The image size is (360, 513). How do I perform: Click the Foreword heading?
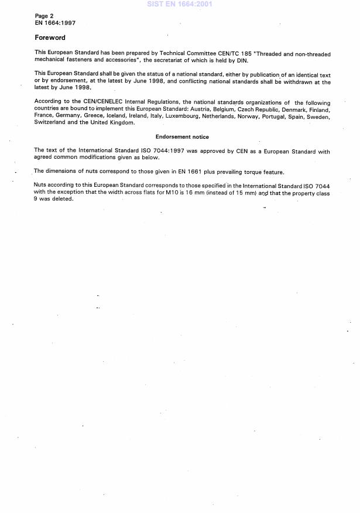50,37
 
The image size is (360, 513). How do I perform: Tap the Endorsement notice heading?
182,136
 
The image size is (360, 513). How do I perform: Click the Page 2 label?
46,16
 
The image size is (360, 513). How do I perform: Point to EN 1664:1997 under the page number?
55,23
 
